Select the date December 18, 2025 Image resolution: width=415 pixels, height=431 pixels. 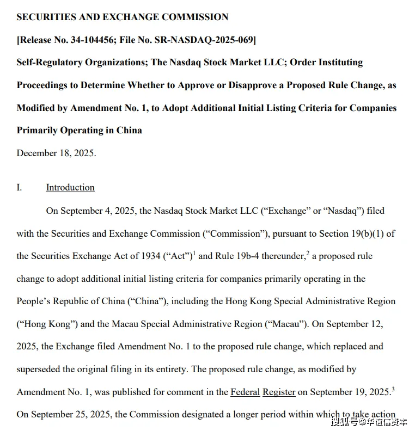point(56,153)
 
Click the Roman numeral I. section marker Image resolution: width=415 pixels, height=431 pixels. point(19,188)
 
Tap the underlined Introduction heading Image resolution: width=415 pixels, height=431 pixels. point(70,188)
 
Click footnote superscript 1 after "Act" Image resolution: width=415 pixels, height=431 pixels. point(194,253)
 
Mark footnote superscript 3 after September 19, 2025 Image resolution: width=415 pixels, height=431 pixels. point(393,389)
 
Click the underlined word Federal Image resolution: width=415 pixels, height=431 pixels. point(245,392)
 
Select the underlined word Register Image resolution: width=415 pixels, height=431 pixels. point(279,392)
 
